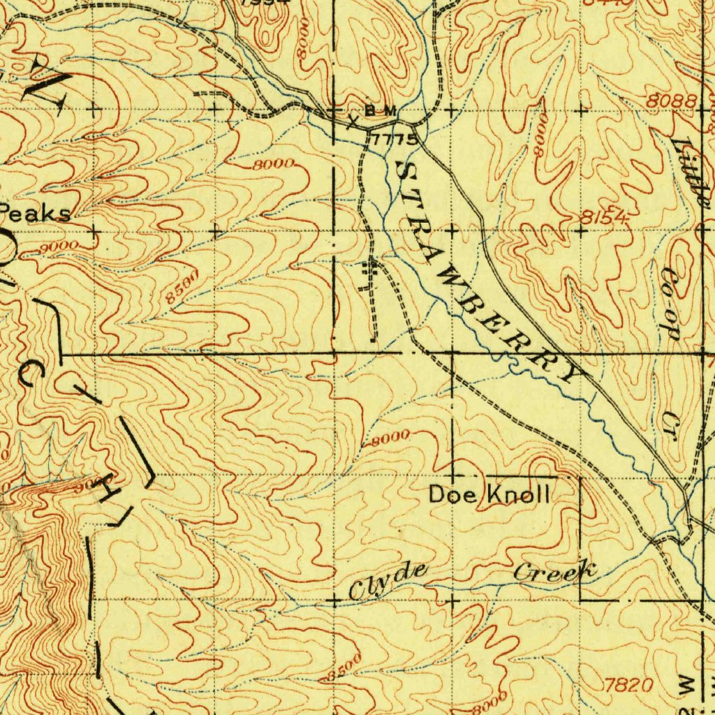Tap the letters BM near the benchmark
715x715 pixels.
tap(381, 111)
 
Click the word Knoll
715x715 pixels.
tap(517, 495)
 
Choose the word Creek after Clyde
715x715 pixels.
tap(555, 573)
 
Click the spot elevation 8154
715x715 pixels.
tap(604, 218)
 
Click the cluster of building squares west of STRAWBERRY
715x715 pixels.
tap(369, 274)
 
